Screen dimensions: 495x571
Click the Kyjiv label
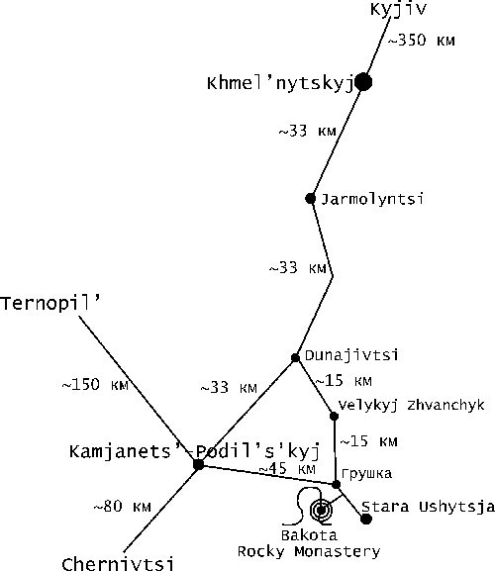point(398,9)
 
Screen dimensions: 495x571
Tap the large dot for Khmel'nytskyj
point(363,82)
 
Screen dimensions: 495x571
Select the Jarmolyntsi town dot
point(310,199)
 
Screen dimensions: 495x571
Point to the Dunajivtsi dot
point(295,358)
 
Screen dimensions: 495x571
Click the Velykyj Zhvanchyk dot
point(334,416)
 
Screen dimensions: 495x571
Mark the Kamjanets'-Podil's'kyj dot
point(199,465)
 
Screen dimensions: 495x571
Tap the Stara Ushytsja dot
point(366,519)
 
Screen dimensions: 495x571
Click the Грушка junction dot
point(337,484)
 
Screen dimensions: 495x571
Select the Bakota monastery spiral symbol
point(321,511)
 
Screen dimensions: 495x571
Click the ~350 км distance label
point(422,40)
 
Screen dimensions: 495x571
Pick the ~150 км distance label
point(95,385)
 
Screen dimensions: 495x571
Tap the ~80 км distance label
point(122,506)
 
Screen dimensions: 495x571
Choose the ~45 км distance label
point(287,469)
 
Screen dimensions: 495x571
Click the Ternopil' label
point(50,304)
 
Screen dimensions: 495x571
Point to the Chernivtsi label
point(118,564)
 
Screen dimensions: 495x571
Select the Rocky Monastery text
point(309,551)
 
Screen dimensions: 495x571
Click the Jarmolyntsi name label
point(372,199)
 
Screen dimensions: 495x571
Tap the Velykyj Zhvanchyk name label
point(412,406)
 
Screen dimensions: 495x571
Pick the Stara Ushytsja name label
point(428,507)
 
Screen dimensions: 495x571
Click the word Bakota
point(309,535)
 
